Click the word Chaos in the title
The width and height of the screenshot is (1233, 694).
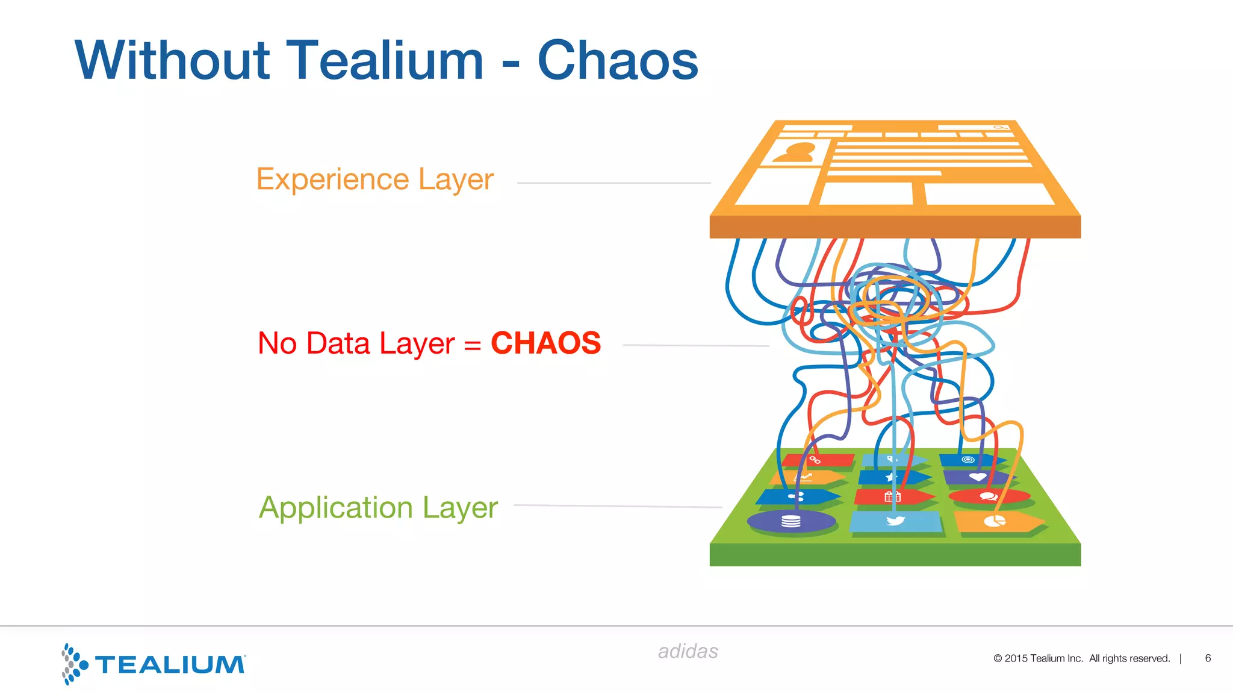(x=618, y=60)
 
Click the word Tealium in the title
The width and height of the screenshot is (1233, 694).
(x=384, y=60)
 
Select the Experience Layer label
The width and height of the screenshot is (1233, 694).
(x=374, y=180)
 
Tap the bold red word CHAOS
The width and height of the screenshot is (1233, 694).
(x=545, y=343)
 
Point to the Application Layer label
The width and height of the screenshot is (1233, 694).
(x=378, y=507)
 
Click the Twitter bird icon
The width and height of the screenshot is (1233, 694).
(x=895, y=520)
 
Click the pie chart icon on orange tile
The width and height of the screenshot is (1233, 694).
(x=994, y=521)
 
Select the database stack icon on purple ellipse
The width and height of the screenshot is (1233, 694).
(x=790, y=521)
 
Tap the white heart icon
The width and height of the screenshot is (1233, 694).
(x=977, y=477)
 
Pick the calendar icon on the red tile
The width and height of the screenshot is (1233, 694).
(x=892, y=497)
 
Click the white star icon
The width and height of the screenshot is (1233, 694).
(x=890, y=478)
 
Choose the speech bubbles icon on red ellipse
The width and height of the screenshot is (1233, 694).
(x=989, y=497)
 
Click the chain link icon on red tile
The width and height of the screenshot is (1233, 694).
(x=815, y=460)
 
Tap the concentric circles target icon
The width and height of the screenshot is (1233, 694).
(x=967, y=460)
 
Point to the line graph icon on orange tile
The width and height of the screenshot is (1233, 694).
(x=804, y=478)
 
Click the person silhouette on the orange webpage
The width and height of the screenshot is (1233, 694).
(x=796, y=152)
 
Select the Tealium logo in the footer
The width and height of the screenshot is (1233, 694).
(x=154, y=664)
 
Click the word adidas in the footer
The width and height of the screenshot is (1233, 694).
(x=688, y=651)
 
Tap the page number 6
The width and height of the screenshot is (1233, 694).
(x=1208, y=658)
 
